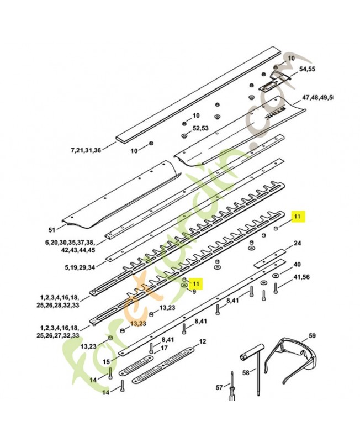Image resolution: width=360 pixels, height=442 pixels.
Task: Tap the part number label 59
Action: pos(312,336)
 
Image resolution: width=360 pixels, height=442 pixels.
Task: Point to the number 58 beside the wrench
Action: pos(246,373)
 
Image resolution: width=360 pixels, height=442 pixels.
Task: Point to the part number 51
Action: pos(52,230)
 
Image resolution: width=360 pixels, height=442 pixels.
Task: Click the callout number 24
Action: pos(297,243)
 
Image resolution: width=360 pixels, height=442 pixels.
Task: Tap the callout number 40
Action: pos(297,264)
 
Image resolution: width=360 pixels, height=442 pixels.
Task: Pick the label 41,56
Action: pos(301,277)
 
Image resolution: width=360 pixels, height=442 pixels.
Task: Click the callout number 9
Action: pos(194,291)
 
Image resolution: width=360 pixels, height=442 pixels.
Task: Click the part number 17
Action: pos(163,349)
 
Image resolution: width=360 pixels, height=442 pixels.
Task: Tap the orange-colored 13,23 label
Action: pos(138,323)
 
